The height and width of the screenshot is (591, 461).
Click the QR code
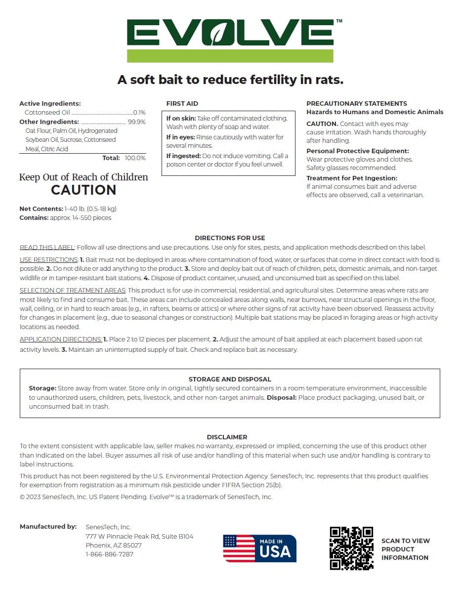(x=351, y=548)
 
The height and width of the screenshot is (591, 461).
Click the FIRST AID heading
(x=182, y=104)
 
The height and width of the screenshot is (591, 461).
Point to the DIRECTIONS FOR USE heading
(x=230, y=238)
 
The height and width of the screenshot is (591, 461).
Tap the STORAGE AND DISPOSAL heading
(x=230, y=380)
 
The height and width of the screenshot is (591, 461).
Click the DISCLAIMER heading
(x=227, y=437)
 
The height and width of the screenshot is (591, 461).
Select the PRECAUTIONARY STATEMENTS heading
(x=357, y=104)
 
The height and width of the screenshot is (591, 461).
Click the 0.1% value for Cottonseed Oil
(x=139, y=113)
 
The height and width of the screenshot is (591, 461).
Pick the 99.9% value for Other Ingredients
(x=137, y=122)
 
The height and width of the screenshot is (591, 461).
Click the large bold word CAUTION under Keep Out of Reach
(x=84, y=190)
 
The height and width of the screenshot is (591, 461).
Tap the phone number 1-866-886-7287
(x=109, y=554)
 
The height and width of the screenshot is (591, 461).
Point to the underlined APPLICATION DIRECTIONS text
(x=61, y=339)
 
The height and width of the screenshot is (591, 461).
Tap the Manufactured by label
(x=48, y=527)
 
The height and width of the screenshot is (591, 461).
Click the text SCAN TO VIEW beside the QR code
(x=406, y=541)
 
